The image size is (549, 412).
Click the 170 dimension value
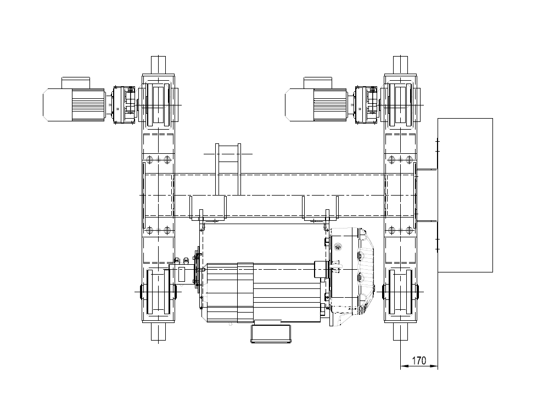419,360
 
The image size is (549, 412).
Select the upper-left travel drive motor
74,105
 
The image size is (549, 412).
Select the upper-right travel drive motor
317,105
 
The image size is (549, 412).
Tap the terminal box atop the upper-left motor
76,83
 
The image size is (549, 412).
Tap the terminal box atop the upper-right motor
318,83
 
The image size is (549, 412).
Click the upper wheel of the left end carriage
159,104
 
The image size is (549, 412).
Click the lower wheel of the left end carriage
158,292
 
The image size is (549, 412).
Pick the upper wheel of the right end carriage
400,104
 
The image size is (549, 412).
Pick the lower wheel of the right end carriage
400,292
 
